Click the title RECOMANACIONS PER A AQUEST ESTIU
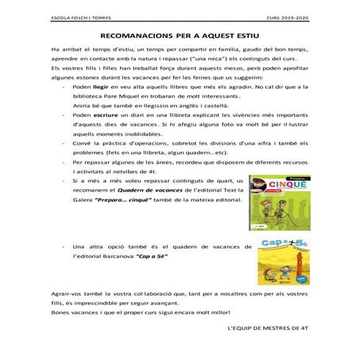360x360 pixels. [x=180, y=37]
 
